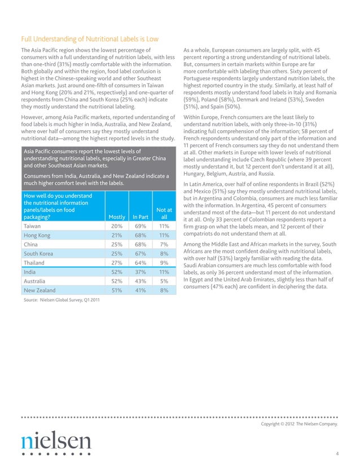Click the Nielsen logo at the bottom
click(56, 441)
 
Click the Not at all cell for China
click(164, 244)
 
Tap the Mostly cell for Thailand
click(117, 262)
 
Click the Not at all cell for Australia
click(164, 281)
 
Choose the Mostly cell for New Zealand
click(117, 290)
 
